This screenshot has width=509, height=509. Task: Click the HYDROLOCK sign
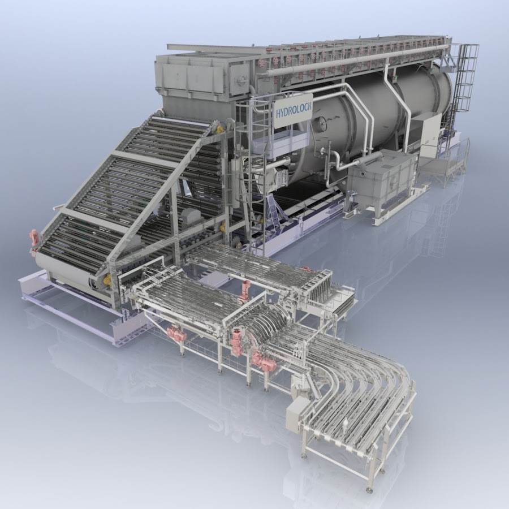pyautogui.click(x=292, y=111)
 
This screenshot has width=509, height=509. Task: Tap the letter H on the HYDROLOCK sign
pyautogui.click(x=278, y=114)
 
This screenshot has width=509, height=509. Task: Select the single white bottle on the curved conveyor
pyautogui.click(x=347, y=422)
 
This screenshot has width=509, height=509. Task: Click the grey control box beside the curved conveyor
pyautogui.click(x=296, y=415)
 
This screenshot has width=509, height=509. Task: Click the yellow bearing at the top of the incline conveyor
pyautogui.click(x=221, y=129)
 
